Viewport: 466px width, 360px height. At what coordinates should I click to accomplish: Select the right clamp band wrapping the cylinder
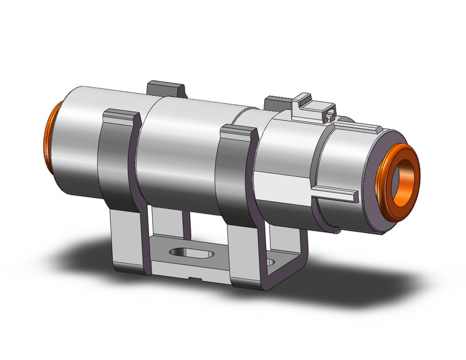click(237, 178)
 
